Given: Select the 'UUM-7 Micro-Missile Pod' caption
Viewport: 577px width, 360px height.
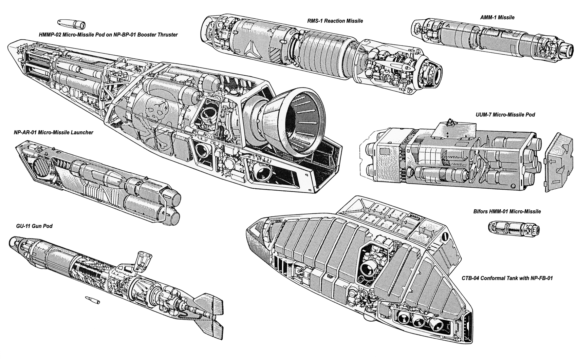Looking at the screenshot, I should click(x=505, y=115).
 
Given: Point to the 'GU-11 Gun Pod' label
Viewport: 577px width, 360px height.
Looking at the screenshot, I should click(x=34, y=226).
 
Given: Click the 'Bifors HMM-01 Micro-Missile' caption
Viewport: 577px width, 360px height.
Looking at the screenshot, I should click(x=507, y=211).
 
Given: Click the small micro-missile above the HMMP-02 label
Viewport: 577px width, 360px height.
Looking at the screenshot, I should click(x=71, y=24).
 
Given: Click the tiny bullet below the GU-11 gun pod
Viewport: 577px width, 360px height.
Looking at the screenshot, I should click(x=93, y=300).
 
